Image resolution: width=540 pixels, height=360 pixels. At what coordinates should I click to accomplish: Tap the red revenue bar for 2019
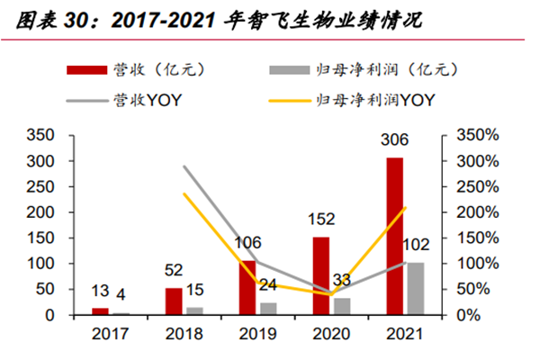tap(247, 288)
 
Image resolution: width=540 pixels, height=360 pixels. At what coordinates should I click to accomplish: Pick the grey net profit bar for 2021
tap(415, 289)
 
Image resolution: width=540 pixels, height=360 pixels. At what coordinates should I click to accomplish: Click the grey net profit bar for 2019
tap(267, 309)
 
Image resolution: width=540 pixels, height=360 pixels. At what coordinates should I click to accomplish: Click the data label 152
tap(321, 219)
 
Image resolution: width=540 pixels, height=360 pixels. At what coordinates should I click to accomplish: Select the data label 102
tap(416, 245)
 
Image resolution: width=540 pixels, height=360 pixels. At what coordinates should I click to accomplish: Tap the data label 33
tap(341, 280)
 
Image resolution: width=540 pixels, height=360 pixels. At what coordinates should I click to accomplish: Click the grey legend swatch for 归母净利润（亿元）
tap(289, 69)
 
